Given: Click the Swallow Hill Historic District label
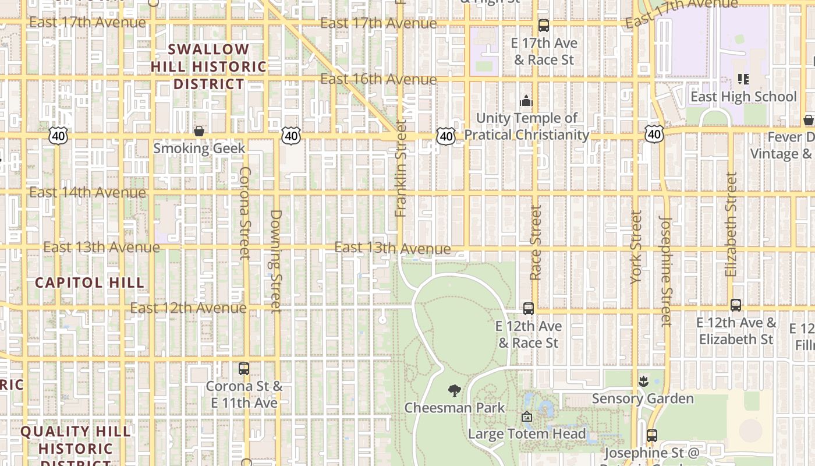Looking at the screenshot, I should point(208,66).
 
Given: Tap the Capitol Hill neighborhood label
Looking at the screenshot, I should point(89,283).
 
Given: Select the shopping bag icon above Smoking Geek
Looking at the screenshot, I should point(199,131).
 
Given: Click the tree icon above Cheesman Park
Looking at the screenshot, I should point(455,391).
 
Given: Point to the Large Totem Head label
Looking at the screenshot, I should point(527,434).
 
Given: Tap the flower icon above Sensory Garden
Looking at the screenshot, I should point(643,382).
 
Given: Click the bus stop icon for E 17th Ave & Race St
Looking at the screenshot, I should point(544,26).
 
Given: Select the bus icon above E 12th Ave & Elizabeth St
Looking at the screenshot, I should point(736,305).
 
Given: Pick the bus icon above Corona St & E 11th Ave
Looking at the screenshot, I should point(244,369).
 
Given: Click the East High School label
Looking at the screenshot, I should point(743,97).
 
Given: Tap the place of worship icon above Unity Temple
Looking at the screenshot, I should point(526,101).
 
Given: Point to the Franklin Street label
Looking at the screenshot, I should point(401,169).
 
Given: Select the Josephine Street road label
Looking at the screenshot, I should point(666,271).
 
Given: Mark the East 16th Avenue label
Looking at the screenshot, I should point(378,79).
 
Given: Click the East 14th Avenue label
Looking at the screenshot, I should point(87,192).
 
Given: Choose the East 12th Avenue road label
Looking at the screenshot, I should point(188,308).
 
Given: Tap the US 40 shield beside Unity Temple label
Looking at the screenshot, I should point(446,136).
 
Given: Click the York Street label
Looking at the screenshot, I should point(636,248).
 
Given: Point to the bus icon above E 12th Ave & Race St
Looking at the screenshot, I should point(528,309).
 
